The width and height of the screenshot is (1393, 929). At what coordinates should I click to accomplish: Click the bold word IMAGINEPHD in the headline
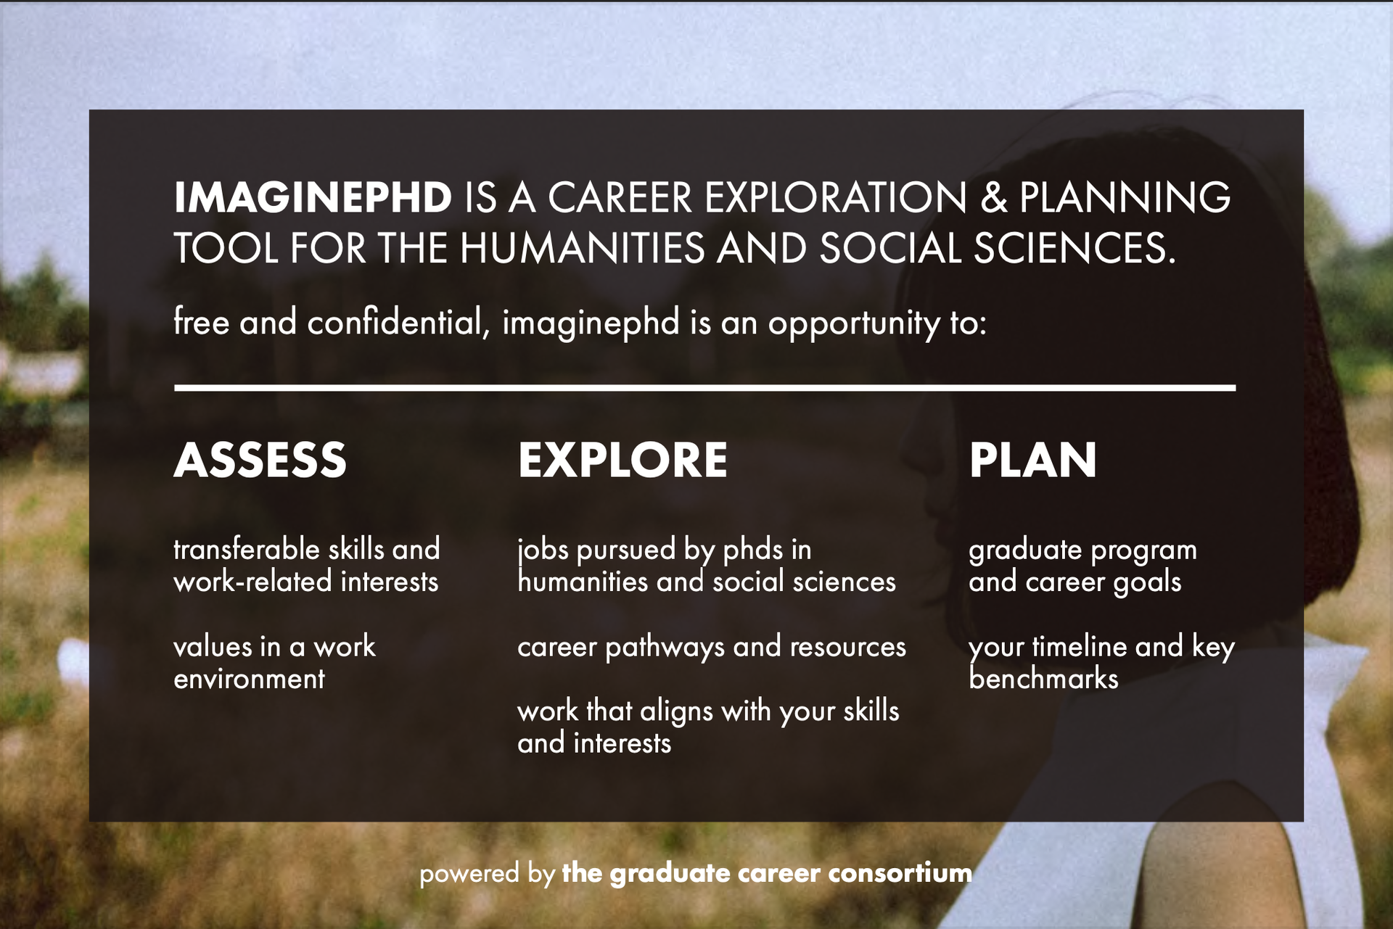[x=313, y=197]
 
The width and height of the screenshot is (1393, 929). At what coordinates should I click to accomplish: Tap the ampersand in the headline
[x=994, y=197]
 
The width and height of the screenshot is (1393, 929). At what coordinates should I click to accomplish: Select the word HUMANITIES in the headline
[x=582, y=248]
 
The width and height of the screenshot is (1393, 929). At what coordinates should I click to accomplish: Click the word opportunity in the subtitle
[x=854, y=323]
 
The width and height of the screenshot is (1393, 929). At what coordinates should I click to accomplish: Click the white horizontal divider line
[x=704, y=388]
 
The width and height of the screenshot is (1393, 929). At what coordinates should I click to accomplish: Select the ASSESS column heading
[x=260, y=460]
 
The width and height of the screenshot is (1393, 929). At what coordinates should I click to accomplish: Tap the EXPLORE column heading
[x=622, y=460]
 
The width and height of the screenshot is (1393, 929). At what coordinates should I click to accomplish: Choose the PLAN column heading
[x=1032, y=460]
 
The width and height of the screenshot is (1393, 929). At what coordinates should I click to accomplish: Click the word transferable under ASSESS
[x=246, y=549]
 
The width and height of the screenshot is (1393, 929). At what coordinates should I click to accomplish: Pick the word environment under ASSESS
[x=249, y=679]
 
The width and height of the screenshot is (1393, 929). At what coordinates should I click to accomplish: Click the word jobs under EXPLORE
[x=543, y=550]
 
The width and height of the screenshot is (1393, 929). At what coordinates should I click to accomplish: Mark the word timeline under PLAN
[x=1080, y=646]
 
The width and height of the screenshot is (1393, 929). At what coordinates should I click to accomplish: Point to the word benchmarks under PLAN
[x=1043, y=679]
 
